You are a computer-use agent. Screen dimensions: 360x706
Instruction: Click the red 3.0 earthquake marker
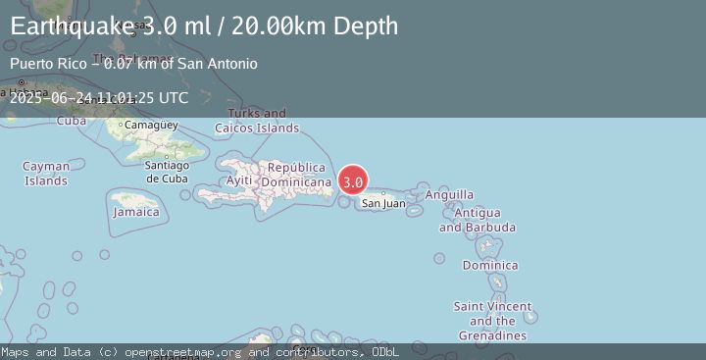[x=353, y=181]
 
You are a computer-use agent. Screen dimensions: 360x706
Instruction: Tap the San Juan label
[x=383, y=204]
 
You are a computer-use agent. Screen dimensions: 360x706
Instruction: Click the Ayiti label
[x=239, y=180]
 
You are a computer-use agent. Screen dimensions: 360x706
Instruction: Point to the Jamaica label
[x=136, y=212]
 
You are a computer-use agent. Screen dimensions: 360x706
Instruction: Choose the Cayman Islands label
[x=46, y=174]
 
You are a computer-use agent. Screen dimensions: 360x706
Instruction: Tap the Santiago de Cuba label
[x=167, y=172]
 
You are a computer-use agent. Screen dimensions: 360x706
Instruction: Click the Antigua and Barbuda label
[x=478, y=221]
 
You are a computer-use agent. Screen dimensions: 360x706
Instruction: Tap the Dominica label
[x=490, y=266]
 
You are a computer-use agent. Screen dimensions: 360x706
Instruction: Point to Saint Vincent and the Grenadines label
[x=492, y=321]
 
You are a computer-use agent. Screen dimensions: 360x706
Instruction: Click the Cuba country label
[x=72, y=121]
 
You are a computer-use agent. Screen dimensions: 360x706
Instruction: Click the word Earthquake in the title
[x=68, y=26]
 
